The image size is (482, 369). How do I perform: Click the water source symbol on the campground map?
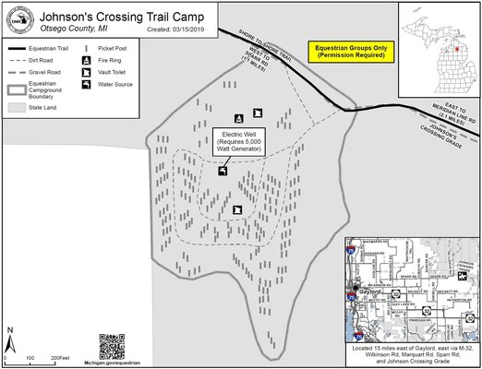223,171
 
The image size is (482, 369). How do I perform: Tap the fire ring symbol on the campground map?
239,117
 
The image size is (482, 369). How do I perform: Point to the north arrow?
10,334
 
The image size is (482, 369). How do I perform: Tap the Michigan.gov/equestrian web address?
112,363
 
